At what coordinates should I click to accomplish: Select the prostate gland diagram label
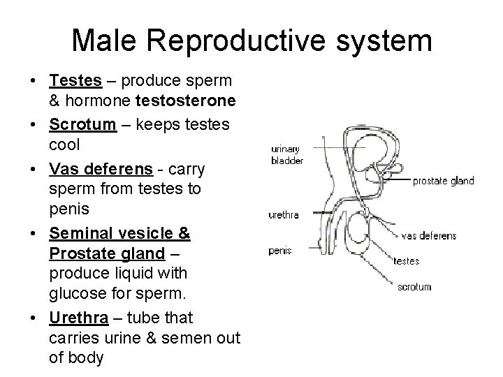[x=443, y=181]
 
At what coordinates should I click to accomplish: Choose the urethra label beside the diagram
[x=284, y=215]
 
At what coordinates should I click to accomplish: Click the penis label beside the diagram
[x=281, y=250]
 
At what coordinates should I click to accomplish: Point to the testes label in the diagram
[x=407, y=261]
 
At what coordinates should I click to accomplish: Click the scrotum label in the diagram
[x=414, y=286]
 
